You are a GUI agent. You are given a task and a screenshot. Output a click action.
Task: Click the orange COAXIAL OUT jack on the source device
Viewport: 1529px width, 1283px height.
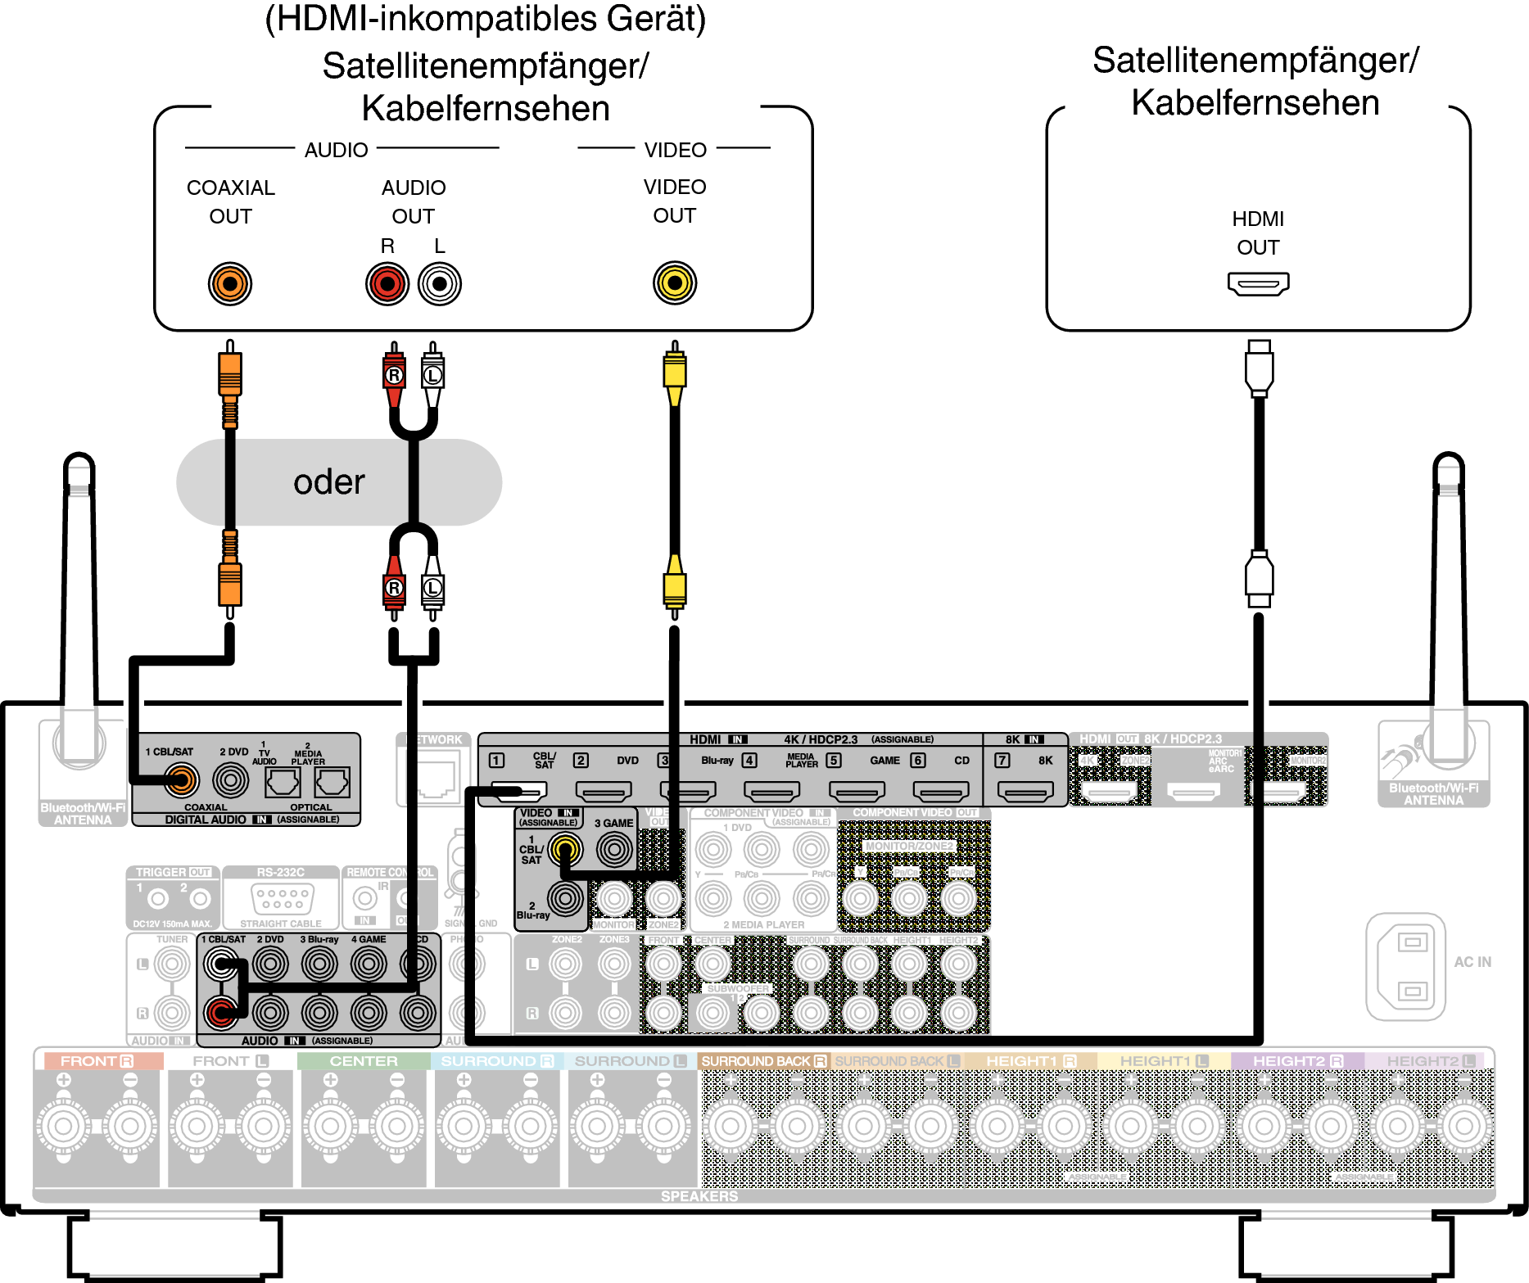pyautogui.click(x=230, y=284)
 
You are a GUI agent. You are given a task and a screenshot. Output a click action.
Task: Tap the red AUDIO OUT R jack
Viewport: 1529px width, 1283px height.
pyautogui.click(x=387, y=284)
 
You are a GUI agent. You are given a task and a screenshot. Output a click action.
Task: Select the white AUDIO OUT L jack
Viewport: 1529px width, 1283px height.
pyautogui.click(x=440, y=284)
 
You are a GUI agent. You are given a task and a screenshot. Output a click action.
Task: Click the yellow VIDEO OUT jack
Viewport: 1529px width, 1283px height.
pyautogui.click(x=674, y=283)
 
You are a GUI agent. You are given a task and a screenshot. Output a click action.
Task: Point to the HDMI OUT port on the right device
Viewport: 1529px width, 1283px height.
pyautogui.click(x=1258, y=283)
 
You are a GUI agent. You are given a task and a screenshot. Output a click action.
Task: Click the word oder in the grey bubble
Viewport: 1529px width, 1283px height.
pyautogui.click(x=328, y=482)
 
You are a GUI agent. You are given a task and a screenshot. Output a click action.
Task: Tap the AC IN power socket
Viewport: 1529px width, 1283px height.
pyautogui.click(x=1405, y=966)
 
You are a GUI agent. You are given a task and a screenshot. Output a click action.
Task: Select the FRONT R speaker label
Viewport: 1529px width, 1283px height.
pyautogui.click(x=97, y=1061)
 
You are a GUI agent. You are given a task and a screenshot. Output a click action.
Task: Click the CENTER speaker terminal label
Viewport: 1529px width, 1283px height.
pyautogui.click(x=364, y=1061)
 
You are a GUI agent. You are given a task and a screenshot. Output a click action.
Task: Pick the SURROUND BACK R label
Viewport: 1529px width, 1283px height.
pyautogui.click(x=763, y=1061)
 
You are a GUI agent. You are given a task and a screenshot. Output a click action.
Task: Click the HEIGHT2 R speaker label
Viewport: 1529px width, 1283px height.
pyautogui.click(x=1298, y=1061)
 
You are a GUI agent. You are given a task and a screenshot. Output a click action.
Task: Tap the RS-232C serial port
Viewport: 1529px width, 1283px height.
pyautogui.click(x=283, y=899)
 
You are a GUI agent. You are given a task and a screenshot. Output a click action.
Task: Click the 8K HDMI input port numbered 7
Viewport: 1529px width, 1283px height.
pyautogui.click(x=1025, y=791)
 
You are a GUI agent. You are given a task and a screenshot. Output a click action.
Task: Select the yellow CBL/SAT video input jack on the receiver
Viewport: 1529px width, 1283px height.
pyautogui.click(x=565, y=850)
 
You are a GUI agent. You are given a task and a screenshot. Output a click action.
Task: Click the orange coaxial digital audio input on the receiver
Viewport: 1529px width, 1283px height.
pyautogui.click(x=181, y=780)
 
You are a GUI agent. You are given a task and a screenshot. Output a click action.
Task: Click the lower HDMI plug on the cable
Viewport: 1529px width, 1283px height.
pyautogui.click(x=1259, y=577)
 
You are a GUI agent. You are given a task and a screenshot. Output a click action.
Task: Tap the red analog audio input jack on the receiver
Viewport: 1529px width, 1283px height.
pyautogui.click(x=220, y=1013)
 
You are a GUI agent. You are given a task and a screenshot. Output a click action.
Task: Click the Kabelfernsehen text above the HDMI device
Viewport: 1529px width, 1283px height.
pyautogui.click(x=1255, y=103)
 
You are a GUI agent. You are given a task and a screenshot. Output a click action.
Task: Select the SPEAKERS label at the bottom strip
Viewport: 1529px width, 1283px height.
pyautogui.click(x=699, y=1196)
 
